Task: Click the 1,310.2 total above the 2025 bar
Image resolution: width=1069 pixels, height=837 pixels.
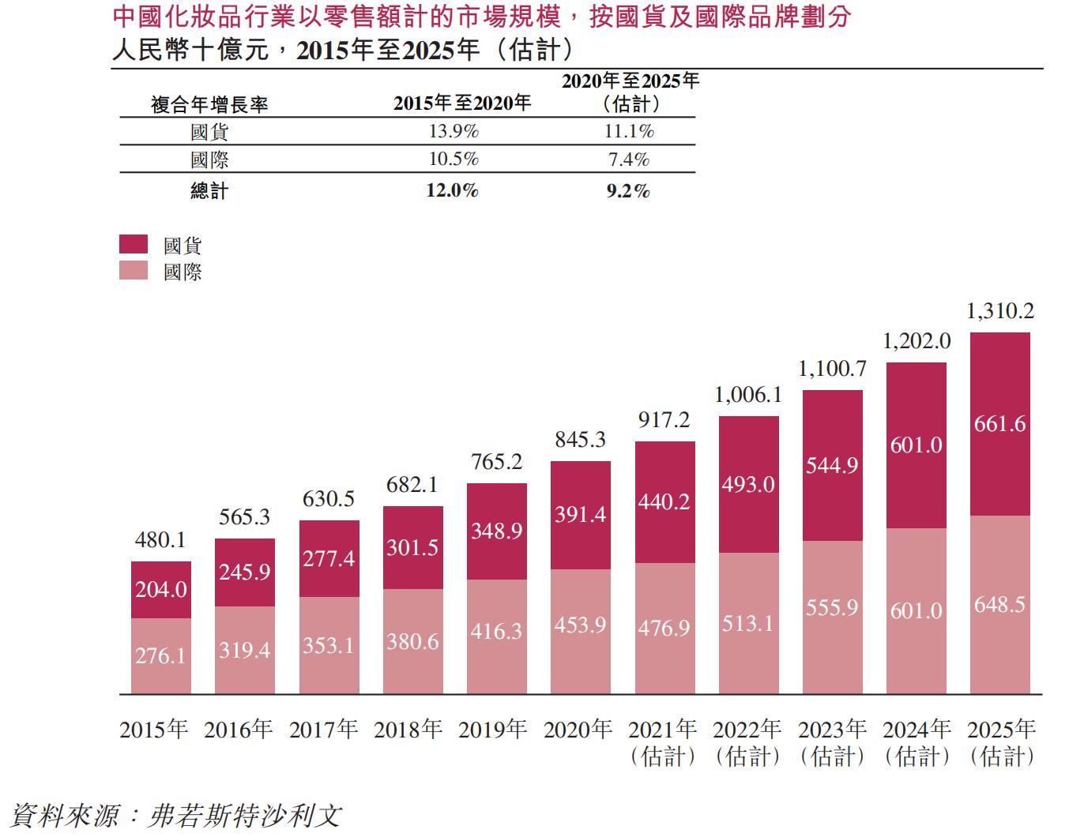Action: [999, 311]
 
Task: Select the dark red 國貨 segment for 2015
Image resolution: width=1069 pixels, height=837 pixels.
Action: [161, 589]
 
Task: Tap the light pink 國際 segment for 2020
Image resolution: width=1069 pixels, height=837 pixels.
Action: [580, 632]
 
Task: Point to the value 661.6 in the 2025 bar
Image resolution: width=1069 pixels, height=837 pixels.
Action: [999, 424]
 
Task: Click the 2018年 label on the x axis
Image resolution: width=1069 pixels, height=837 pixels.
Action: [408, 729]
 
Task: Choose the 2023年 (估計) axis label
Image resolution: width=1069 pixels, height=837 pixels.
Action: [832, 742]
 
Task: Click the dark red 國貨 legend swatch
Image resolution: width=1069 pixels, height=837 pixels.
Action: [134, 244]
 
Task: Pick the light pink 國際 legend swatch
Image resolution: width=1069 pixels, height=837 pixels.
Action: [134, 271]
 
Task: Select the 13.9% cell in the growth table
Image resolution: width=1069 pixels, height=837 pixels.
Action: [454, 131]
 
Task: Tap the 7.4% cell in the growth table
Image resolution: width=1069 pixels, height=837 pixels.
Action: [629, 160]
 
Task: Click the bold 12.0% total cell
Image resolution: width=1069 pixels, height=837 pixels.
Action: [452, 190]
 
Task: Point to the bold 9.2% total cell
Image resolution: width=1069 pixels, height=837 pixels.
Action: [628, 190]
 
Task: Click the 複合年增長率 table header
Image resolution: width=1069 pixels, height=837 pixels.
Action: [209, 104]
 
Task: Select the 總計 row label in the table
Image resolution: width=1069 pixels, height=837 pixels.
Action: [209, 190]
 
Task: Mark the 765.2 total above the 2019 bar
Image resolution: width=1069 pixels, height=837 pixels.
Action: [496, 462]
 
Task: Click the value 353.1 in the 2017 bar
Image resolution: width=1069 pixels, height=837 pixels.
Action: [328, 645]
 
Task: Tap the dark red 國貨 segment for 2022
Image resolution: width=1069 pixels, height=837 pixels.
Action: [748, 484]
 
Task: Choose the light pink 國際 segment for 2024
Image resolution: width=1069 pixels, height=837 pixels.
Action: [917, 610]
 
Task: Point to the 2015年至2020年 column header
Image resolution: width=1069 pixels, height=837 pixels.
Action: [462, 103]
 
